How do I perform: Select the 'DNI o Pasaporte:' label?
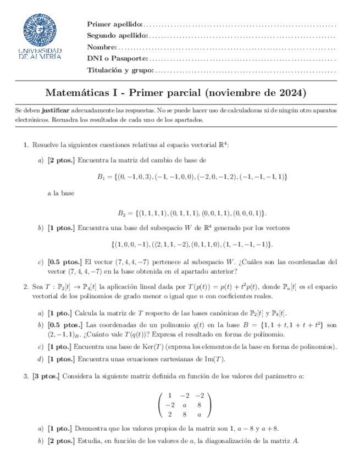(118, 59)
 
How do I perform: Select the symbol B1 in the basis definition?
(101, 176)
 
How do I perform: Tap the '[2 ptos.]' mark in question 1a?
(62, 160)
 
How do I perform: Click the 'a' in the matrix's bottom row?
(199, 414)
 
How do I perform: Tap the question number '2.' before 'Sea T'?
(25, 286)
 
